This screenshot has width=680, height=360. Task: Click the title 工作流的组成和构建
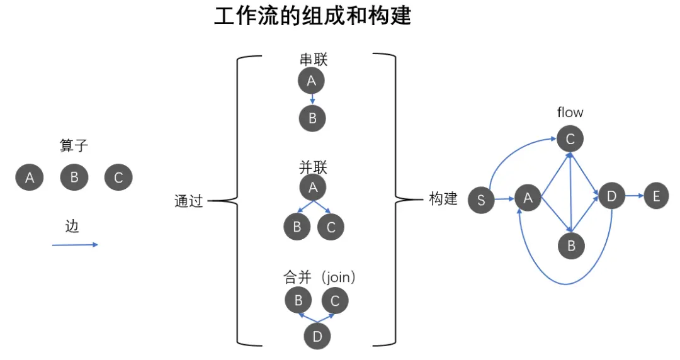click(x=312, y=16)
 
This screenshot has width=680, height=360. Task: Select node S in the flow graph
click(x=482, y=200)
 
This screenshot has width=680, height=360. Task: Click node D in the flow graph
click(x=611, y=197)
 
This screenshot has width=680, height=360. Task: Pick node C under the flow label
click(x=570, y=139)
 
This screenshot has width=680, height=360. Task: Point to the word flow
click(x=570, y=113)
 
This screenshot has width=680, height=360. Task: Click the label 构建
click(x=443, y=200)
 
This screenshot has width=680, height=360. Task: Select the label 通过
click(x=189, y=201)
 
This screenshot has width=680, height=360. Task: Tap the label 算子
click(x=74, y=146)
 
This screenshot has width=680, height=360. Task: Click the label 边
click(x=72, y=227)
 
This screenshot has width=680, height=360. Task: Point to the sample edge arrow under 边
click(x=75, y=245)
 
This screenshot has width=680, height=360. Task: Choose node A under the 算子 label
click(x=29, y=177)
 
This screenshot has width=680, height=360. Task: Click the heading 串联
click(x=314, y=60)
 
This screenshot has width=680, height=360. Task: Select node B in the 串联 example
click(x=312, y=118)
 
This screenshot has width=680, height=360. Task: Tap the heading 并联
click(x=314, y=167)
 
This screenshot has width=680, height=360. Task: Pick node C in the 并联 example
click(x=331, y=227)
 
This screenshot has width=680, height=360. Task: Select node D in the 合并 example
click(x=317, y=337)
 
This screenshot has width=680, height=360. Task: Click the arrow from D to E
click(x=633, y=197)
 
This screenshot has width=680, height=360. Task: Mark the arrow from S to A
click(x=504, y=199)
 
